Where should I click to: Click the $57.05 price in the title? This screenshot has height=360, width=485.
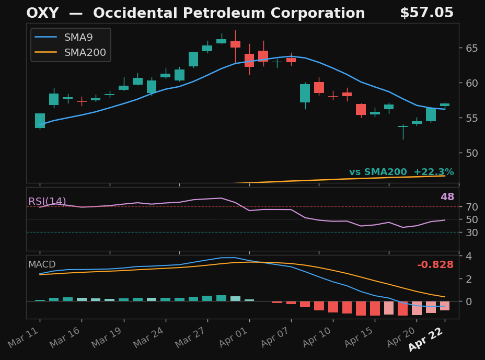pyautogui.click(x=426, y=13)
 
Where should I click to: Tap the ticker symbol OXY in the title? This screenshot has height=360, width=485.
pyautogui.click(x=42, y=14)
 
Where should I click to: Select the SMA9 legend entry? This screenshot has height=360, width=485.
pyautogui.click(x=78, y=37)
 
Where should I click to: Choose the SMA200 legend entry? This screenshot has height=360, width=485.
pyautogui.click(x=85, y=52)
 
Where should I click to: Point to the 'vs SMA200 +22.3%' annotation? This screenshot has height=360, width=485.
pyautogui.click(x=401, y=172)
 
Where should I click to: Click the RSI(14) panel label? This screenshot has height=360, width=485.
pyautogui.click(x=47, y=202)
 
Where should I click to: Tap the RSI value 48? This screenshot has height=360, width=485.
pyautogui.click(x=447, y=197)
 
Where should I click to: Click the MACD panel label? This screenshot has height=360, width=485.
pyautogui.click(x=42, y=264)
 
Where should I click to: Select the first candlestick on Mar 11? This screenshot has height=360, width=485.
pyautogui.click(x=40, y=121)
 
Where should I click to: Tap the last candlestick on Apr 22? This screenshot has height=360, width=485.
pyautogui.click(x=445, y=104)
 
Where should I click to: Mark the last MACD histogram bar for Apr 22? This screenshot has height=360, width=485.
pyautogui.click(x=445, y=306)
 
